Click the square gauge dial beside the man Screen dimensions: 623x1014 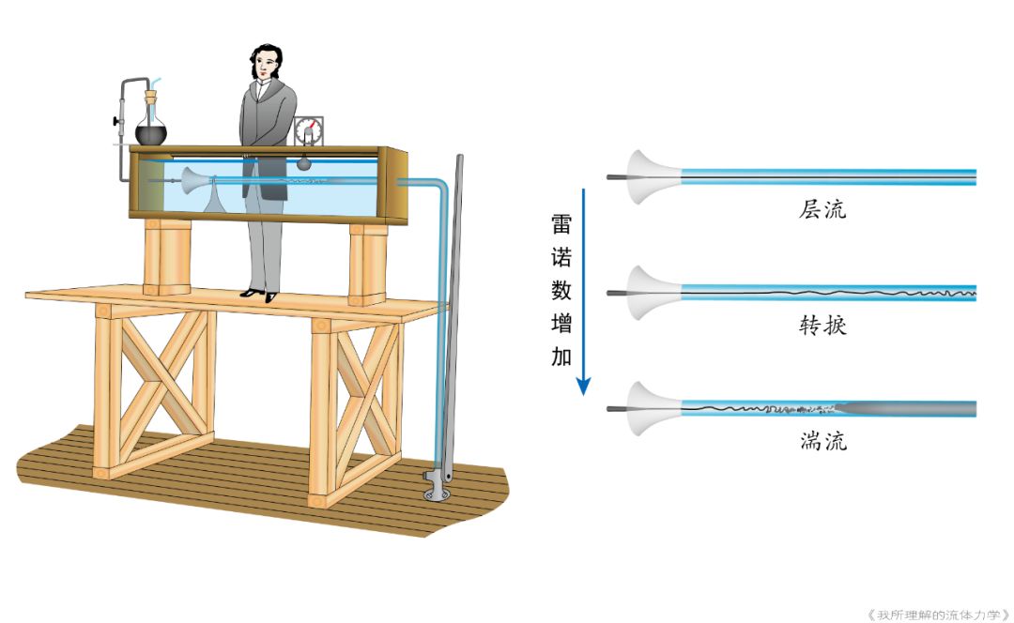[309, 130]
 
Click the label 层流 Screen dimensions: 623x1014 [822, 209]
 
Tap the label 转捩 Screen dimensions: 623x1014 [822, 326]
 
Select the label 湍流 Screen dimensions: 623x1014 [822, 440]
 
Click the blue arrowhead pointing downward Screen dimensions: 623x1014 [584, 385]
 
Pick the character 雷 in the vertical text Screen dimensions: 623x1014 [561, 224]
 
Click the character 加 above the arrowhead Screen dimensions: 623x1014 [561, 357]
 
